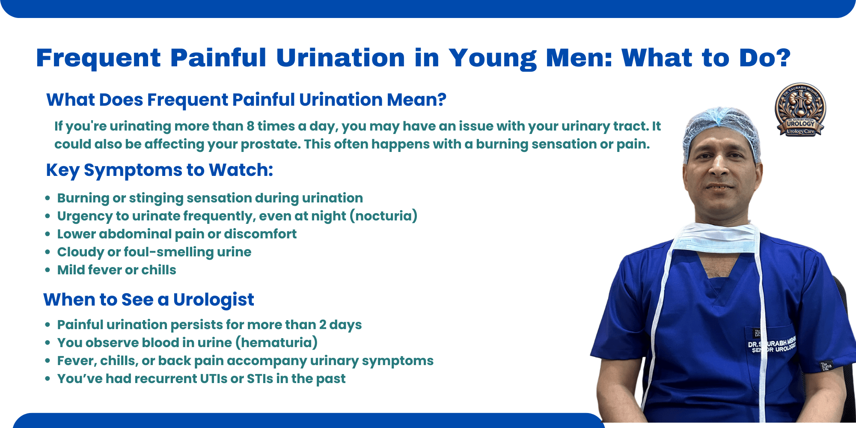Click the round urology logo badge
click(x=800, y=110)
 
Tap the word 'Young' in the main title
click(x=492, y=58)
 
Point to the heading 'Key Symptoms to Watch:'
click(x=159, y=170)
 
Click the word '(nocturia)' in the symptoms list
click(x=383, y=216)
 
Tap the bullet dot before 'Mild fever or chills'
click(x=48, y=270)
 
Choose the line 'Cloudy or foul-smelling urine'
click(x=154, y=252)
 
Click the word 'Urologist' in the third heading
click(x=214, y=300)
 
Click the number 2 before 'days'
click(x=323, y=325)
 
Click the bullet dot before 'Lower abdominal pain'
click(x=48, y=234)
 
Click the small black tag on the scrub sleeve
click(x=825, y=367)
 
